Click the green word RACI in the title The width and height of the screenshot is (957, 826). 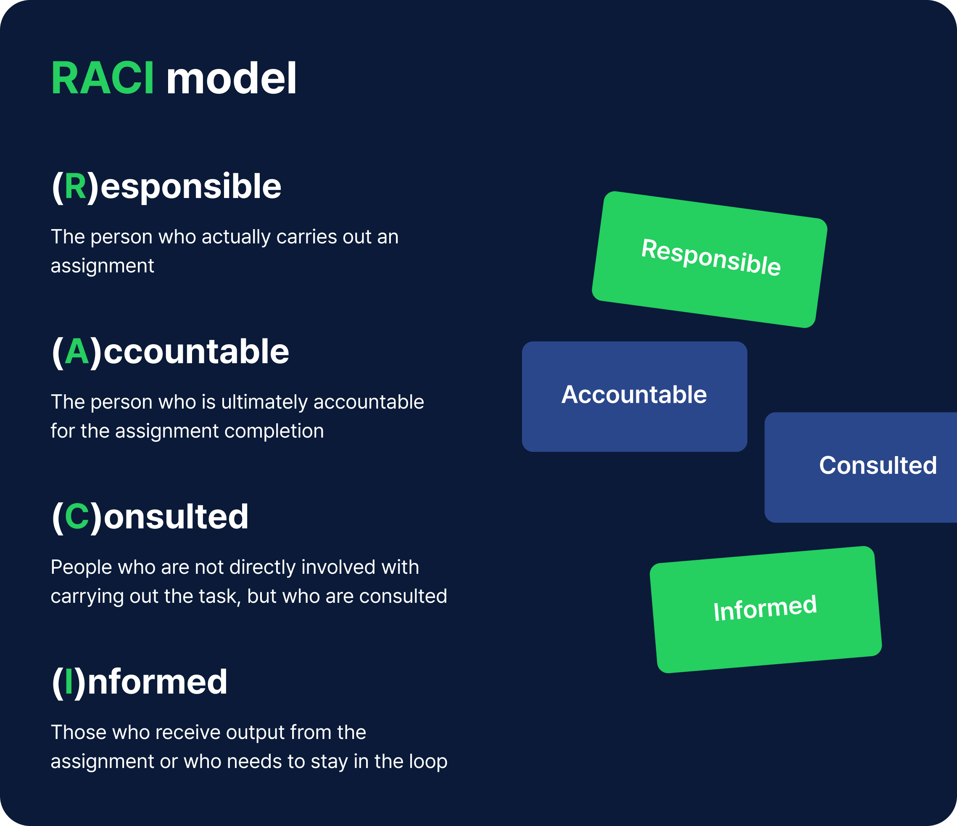click(x=103, y=79)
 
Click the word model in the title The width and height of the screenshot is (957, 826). click(x=231, y=79)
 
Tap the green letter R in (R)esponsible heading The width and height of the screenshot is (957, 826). click(x=75, y=187)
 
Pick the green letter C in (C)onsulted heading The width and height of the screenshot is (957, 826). click(x=76, y=517)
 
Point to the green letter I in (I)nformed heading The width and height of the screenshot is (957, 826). click(x=69, y=682)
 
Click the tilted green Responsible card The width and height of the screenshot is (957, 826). click(x=709, y=259)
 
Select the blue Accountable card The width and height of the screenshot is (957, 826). click(x=634, y=396)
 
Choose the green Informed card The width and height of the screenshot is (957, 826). click(x=765, y=610)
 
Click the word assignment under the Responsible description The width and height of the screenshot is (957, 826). click(x=102, y=267)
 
